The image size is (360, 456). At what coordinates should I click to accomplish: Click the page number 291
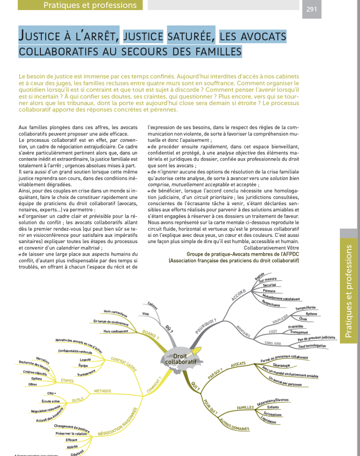(x=311, y=8)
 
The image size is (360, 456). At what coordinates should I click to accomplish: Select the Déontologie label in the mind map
(x=284, y=366)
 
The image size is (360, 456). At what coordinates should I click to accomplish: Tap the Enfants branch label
(x=273, y=407)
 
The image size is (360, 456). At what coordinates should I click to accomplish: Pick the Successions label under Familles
(x=273, y=414)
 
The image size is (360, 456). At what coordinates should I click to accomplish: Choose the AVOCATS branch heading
(x=238, y=364)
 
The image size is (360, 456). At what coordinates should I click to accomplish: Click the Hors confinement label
(x=116, y=331)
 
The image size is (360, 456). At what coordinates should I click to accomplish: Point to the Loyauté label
(x=85, y=359)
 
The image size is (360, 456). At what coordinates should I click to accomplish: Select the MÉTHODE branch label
(x=103, y=391)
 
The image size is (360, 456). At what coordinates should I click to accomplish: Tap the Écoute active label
(x=50, y=401)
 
